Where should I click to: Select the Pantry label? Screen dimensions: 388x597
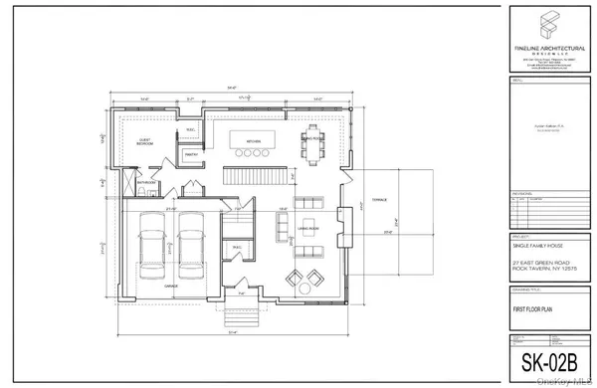tap(192, 153)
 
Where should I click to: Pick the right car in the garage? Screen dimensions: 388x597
tap(192, 249)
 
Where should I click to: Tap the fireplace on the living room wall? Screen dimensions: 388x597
tap(343, 214)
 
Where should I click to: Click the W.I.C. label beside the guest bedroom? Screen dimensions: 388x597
tap(190, 130)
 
